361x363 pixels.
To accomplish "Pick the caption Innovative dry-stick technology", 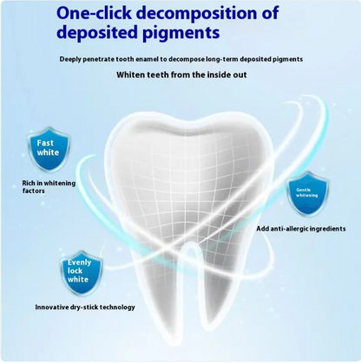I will coord(84,308).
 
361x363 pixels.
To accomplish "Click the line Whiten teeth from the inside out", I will coord(181,75).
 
